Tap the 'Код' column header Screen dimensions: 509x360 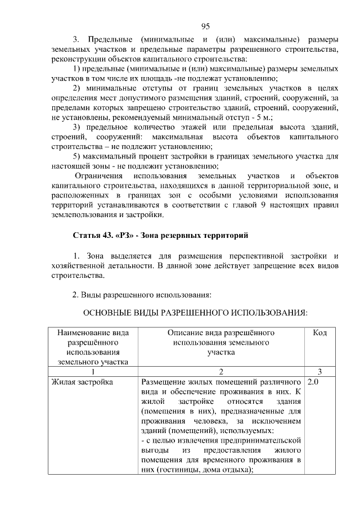pyautogui.click(x=319, y=333)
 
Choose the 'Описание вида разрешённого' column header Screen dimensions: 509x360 pyautogui.click(x=220, y=333)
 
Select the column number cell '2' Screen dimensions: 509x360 pyautogui.click(x=221, y=371)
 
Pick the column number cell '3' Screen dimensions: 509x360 pyautogui.click(x=319, y=371)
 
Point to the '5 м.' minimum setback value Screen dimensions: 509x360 pyautogui.click(x=262, y=118)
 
